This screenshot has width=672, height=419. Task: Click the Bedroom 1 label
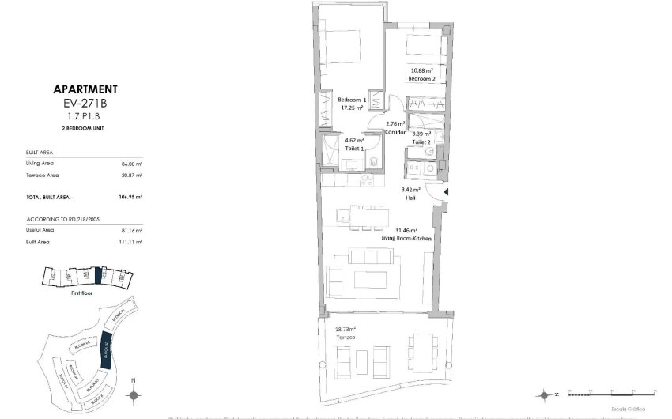point(352,100)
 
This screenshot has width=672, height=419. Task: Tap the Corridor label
point(395,133)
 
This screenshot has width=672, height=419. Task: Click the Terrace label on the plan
point(345,338)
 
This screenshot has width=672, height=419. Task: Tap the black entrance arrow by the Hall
point(446,192)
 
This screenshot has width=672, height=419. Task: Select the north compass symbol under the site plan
point(134,394)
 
